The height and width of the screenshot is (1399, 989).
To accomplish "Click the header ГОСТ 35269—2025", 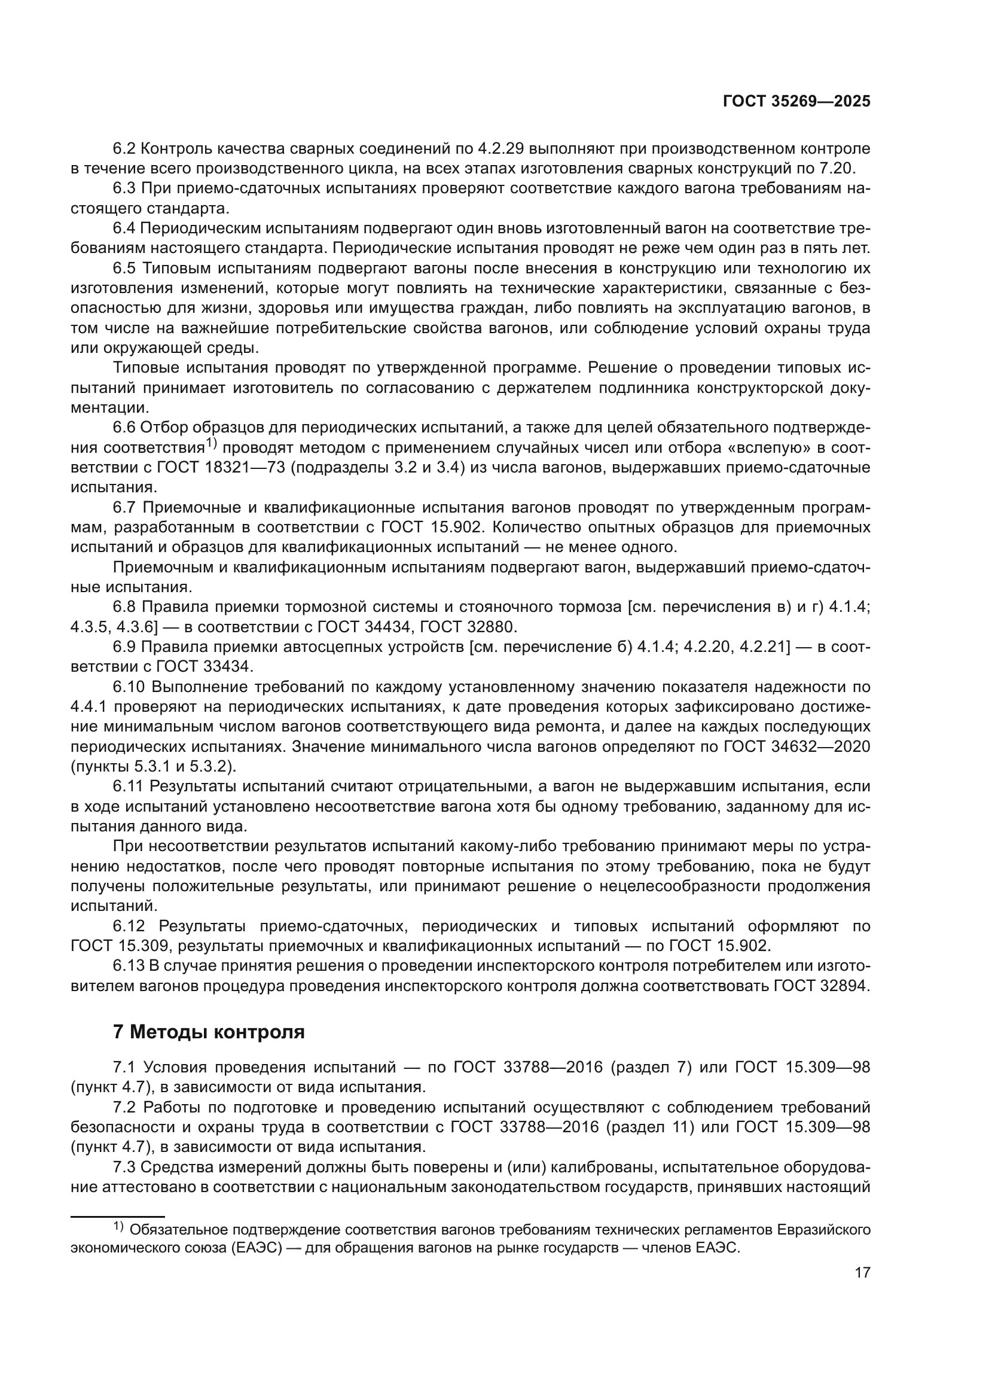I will click(796, 101).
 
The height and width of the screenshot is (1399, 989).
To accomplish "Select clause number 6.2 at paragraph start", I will click(125, 149).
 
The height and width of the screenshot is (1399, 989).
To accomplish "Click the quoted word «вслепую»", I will click(766, 448).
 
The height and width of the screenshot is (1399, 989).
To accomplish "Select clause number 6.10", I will click(129, 687).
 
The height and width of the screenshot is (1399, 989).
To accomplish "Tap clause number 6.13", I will click(129, 966).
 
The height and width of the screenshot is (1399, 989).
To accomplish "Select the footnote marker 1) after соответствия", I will click(210, 444).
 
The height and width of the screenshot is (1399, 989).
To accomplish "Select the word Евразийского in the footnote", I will click(824, 1230).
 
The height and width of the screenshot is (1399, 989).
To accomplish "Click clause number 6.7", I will click(125, 508).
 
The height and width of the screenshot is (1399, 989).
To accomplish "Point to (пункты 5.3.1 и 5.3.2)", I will click(154, 767).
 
